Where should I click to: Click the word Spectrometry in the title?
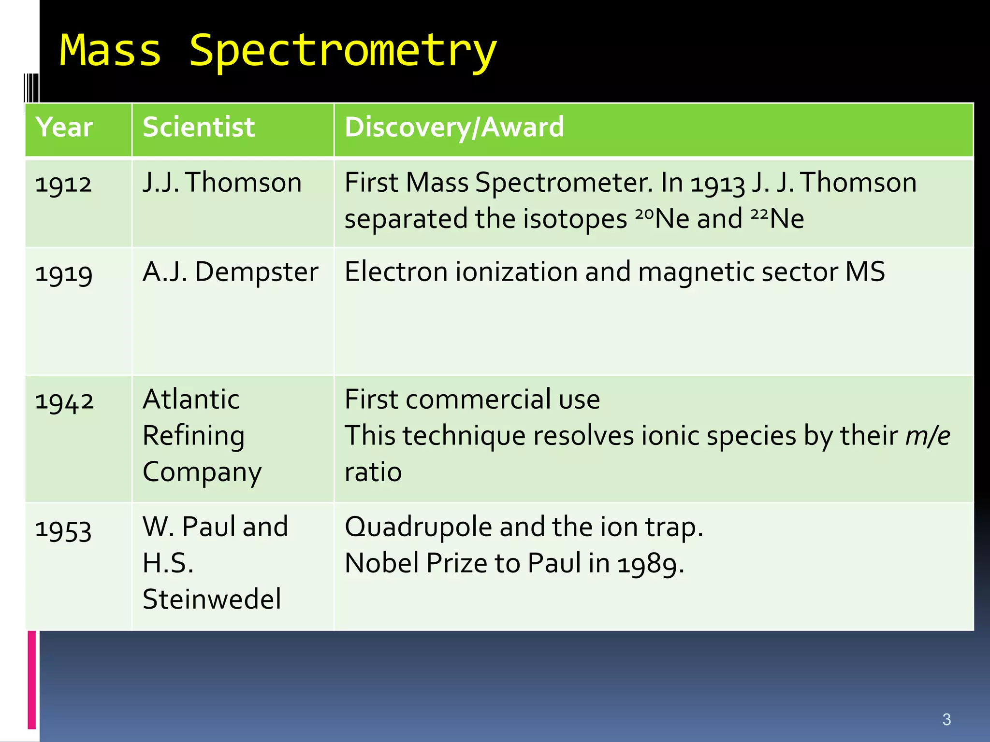point(342,51)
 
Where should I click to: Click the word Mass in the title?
point(110,51)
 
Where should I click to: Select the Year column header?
point(64,128)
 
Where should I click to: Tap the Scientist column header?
point(199,128)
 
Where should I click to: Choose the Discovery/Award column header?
point(454,128)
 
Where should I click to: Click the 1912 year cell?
point(63,184)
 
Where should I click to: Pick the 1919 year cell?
point(63,273)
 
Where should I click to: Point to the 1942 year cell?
point(64,401)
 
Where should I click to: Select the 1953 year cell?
point(63,529)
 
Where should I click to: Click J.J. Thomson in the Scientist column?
point(222,183)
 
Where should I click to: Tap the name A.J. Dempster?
point(230,272)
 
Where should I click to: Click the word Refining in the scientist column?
point(193,436)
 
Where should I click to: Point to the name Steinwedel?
point(212,599)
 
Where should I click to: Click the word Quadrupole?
point(418,527)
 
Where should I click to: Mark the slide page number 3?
point(946,719)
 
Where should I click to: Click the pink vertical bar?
point(32,679)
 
